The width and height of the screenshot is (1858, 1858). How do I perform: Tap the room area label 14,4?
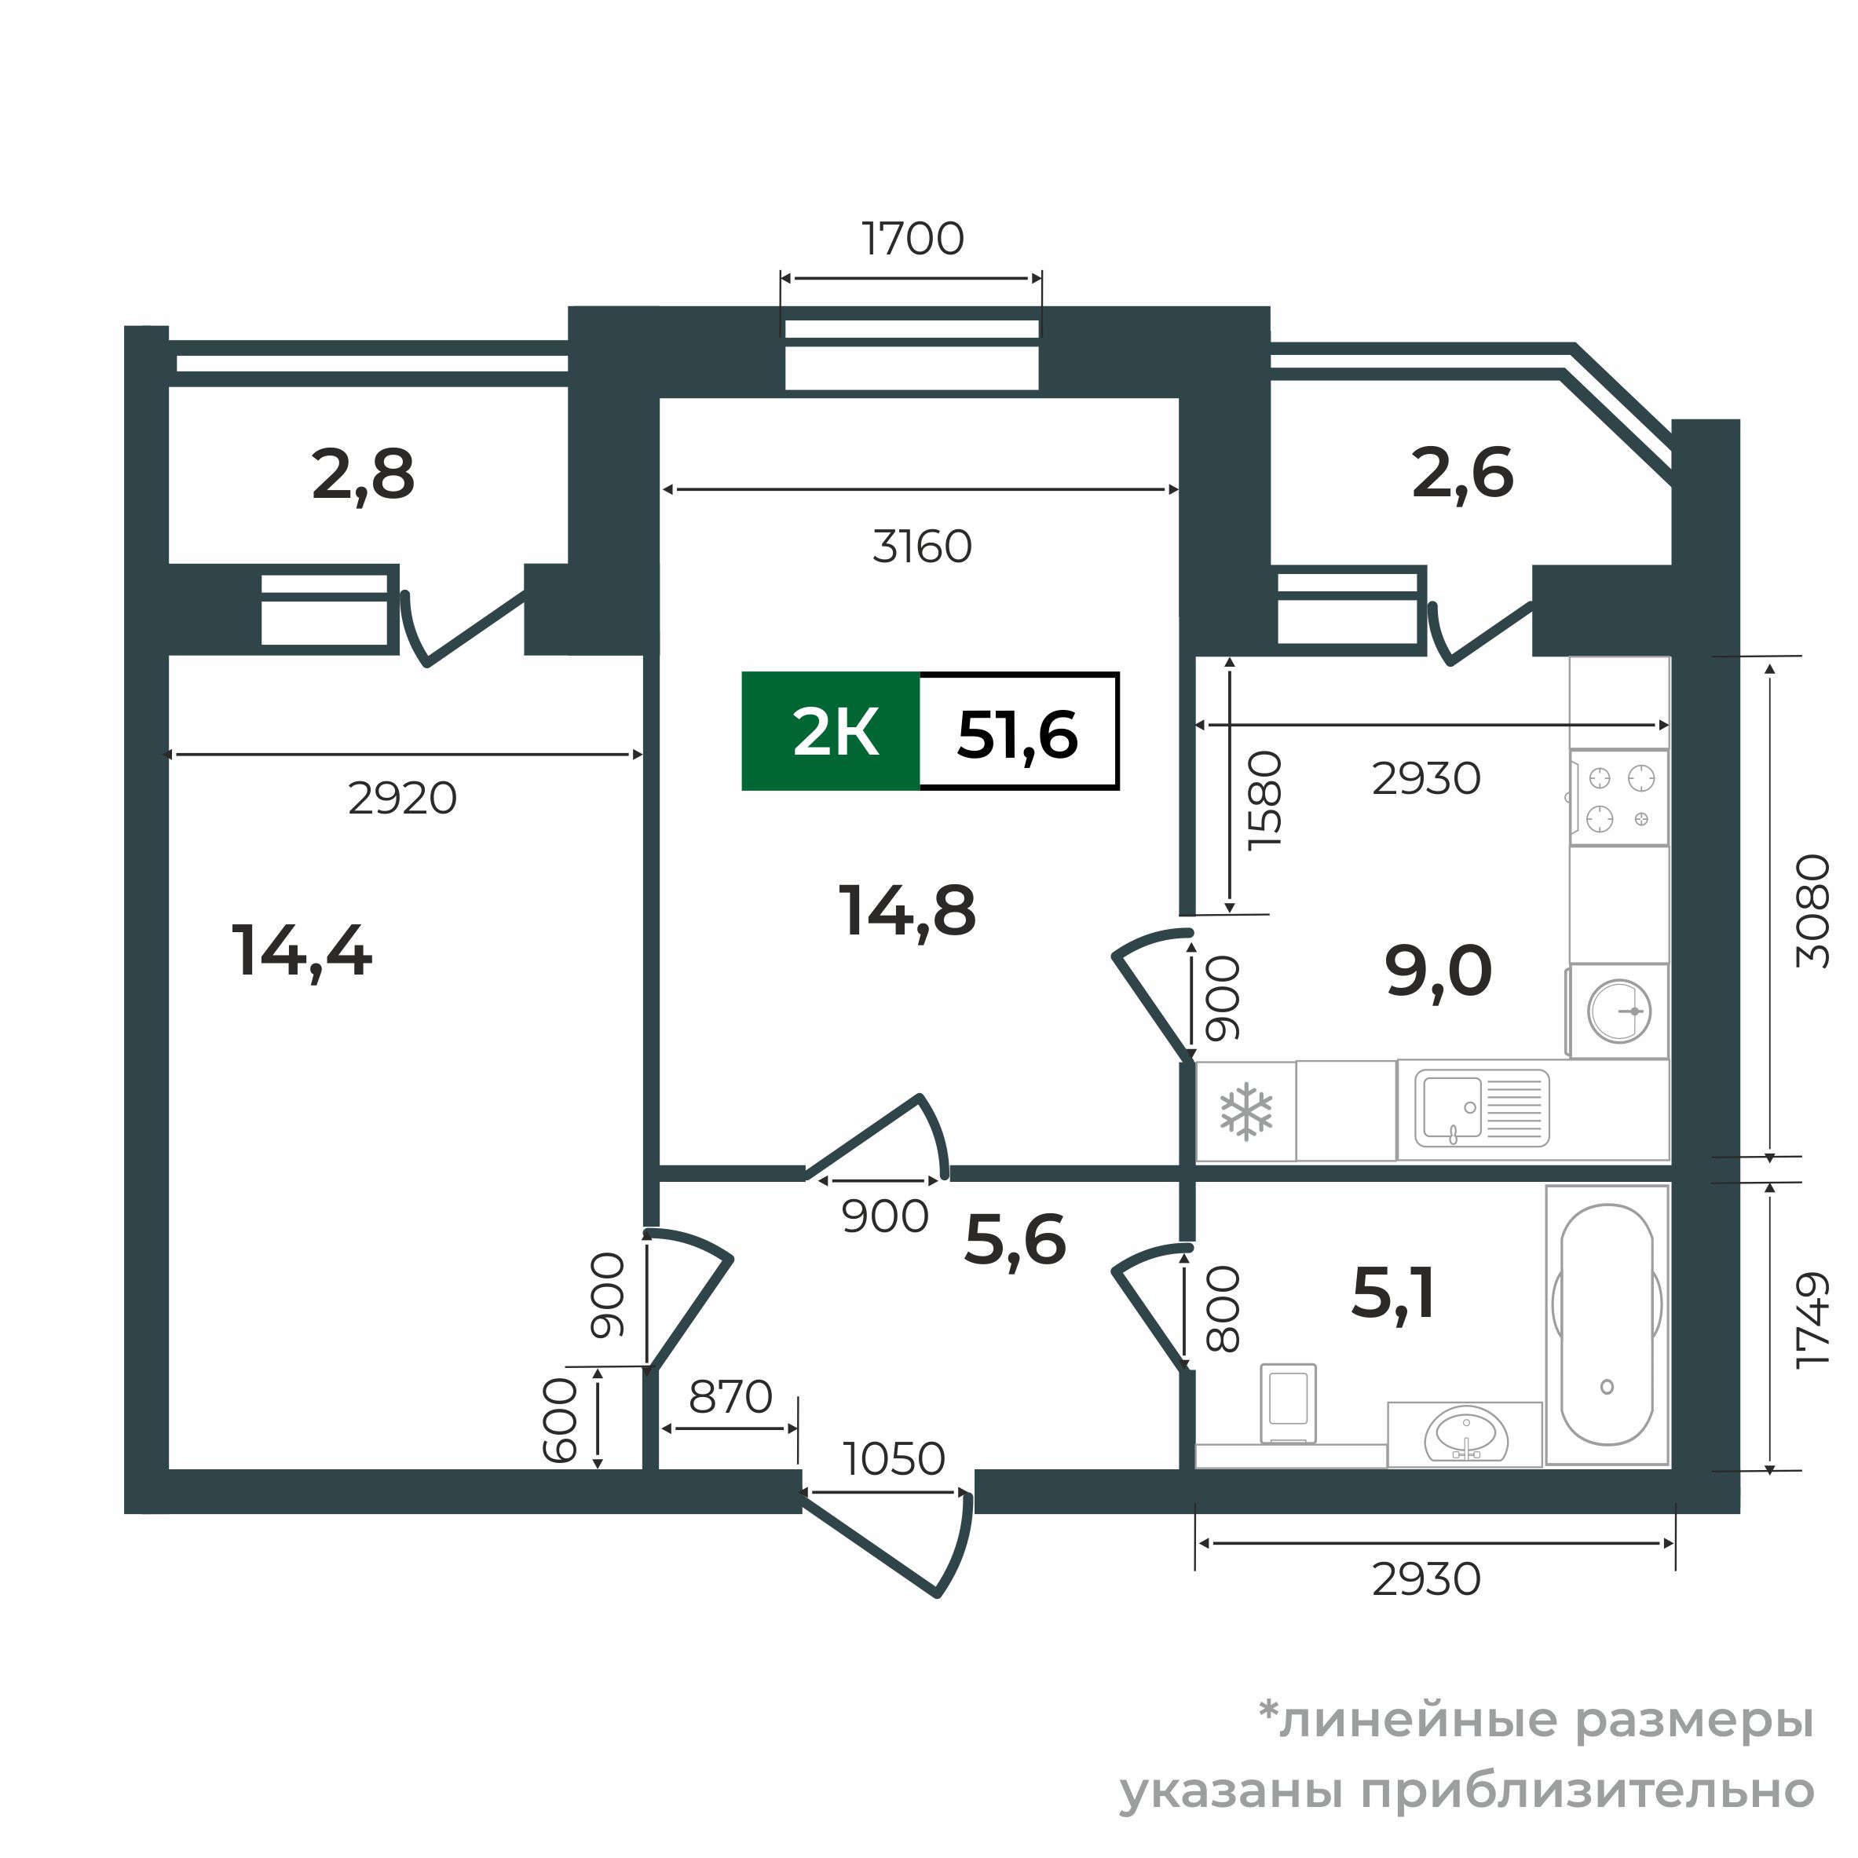302,951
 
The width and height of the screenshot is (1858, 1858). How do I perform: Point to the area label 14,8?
907,910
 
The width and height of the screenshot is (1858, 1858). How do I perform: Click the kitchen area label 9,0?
1438,971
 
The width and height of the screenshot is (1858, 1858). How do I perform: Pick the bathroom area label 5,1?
1393,1293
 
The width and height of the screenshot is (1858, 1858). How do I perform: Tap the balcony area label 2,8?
363,474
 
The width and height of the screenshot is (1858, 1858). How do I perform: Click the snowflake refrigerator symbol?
1245,1112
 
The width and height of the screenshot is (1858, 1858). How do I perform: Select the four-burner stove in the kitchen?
1619,798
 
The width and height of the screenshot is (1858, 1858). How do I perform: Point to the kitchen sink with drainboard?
1481,1108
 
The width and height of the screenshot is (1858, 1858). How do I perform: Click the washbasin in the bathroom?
1465,1435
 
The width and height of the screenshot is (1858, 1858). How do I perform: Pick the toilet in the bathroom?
1288,1403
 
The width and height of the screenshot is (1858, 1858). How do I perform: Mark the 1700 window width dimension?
912,240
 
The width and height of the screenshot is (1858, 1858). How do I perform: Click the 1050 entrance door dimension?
894,1459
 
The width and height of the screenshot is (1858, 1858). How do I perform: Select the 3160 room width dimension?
922,547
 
